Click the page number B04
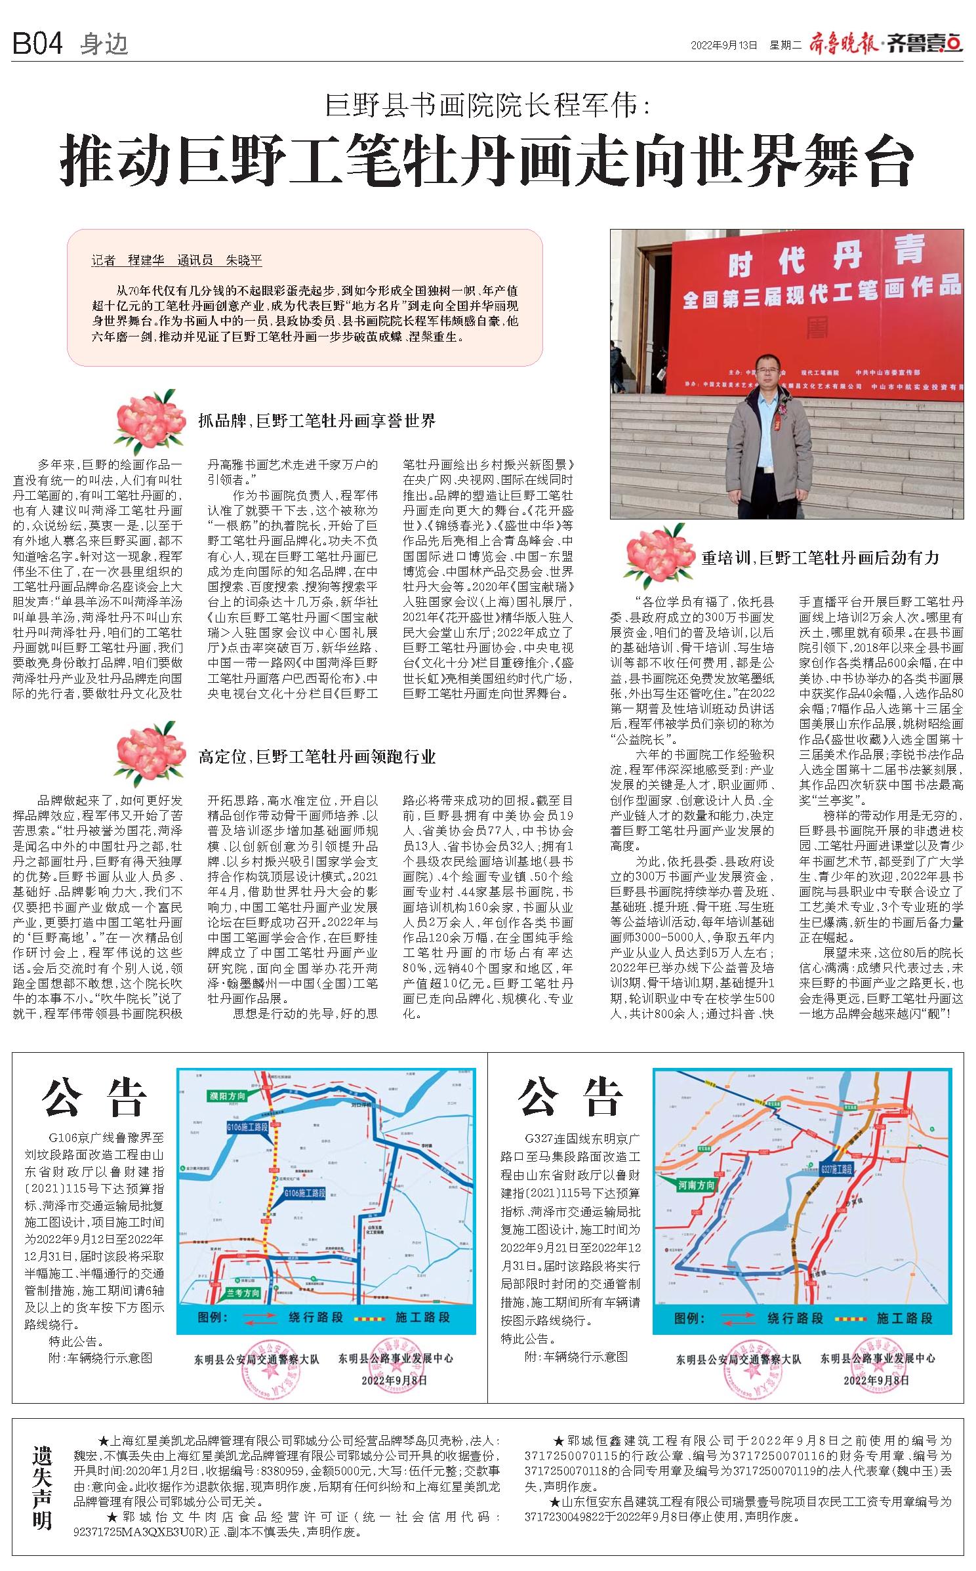[37, 44]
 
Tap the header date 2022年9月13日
[724, 45]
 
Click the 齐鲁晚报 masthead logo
[846, 45]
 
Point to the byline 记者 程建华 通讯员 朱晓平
[176, 260]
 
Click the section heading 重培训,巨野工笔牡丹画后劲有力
[820, 558]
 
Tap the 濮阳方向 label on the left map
[228, 1097]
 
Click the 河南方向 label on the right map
[697, 1185]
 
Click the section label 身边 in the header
[104, 45]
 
